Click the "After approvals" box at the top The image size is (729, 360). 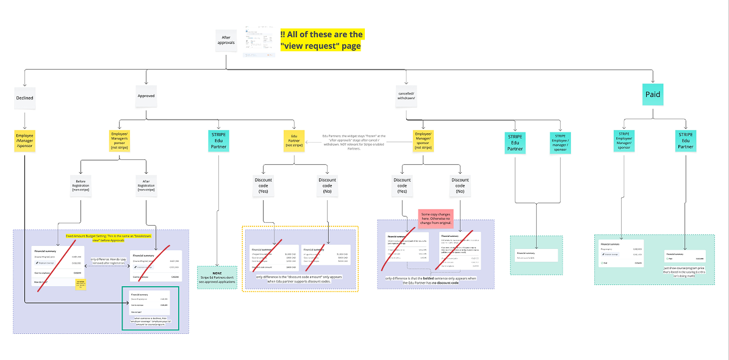click(226, 40)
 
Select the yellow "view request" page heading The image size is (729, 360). click(321, 40)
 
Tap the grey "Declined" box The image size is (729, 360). click(24, 98)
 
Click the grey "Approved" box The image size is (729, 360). click(146, 96)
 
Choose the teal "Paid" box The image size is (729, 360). click(653, 95)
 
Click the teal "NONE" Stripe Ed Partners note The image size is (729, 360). click(217, 277)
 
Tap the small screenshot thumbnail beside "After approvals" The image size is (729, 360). click(259, 41)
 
